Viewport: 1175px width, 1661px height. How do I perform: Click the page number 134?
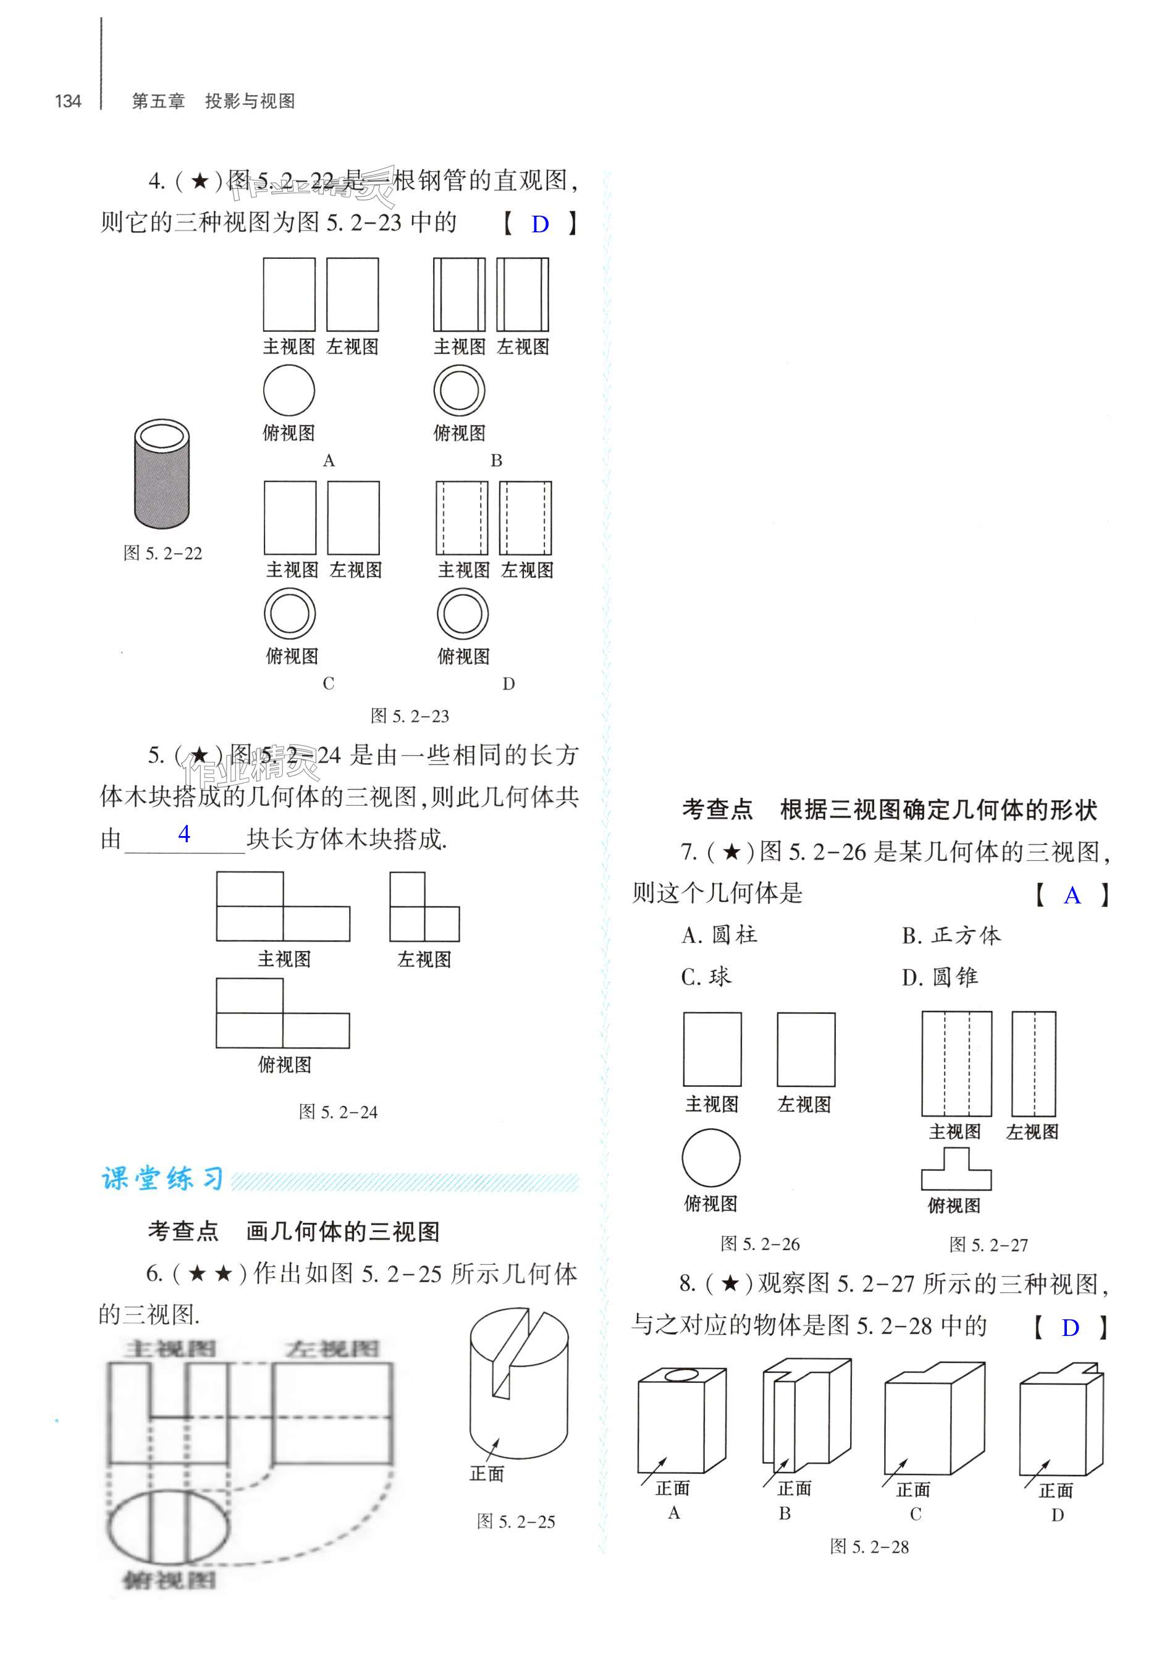pyautogui.click(x=68, y=101)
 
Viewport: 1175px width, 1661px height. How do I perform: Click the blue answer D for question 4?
pyautogui.click(x=540, y=224)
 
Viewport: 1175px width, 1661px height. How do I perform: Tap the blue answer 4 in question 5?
pyautogui.click(x=185, y=834)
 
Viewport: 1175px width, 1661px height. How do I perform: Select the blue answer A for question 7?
pyautogui.click(x=1072, y=896)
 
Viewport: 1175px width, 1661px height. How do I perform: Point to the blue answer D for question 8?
pyautogui.click(x=1070, y=1328)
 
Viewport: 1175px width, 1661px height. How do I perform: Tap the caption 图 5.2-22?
pyautogui.click(x=163, y=554)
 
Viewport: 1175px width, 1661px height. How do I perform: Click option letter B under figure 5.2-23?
pyautogui.click(x=496, y=460)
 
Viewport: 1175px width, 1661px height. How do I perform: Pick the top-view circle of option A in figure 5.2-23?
pyautogui.click(x=288, y=391)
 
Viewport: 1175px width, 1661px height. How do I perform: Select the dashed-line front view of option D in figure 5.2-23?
pyautogui.click(x=461, y=518)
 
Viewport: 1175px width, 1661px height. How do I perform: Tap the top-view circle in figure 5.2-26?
pyautogui.click(x=711, y=1158)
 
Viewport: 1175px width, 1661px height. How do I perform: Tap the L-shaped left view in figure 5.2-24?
pyautogui.click(x=424, y=907)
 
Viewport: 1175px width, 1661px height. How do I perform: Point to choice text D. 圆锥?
pyautogui.click(x=940, y=978)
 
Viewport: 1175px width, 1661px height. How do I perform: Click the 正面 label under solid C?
pyautogui.click(x=913, y=1489)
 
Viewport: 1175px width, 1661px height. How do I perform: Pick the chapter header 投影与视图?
pyautogui.click(x=250, y=101)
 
